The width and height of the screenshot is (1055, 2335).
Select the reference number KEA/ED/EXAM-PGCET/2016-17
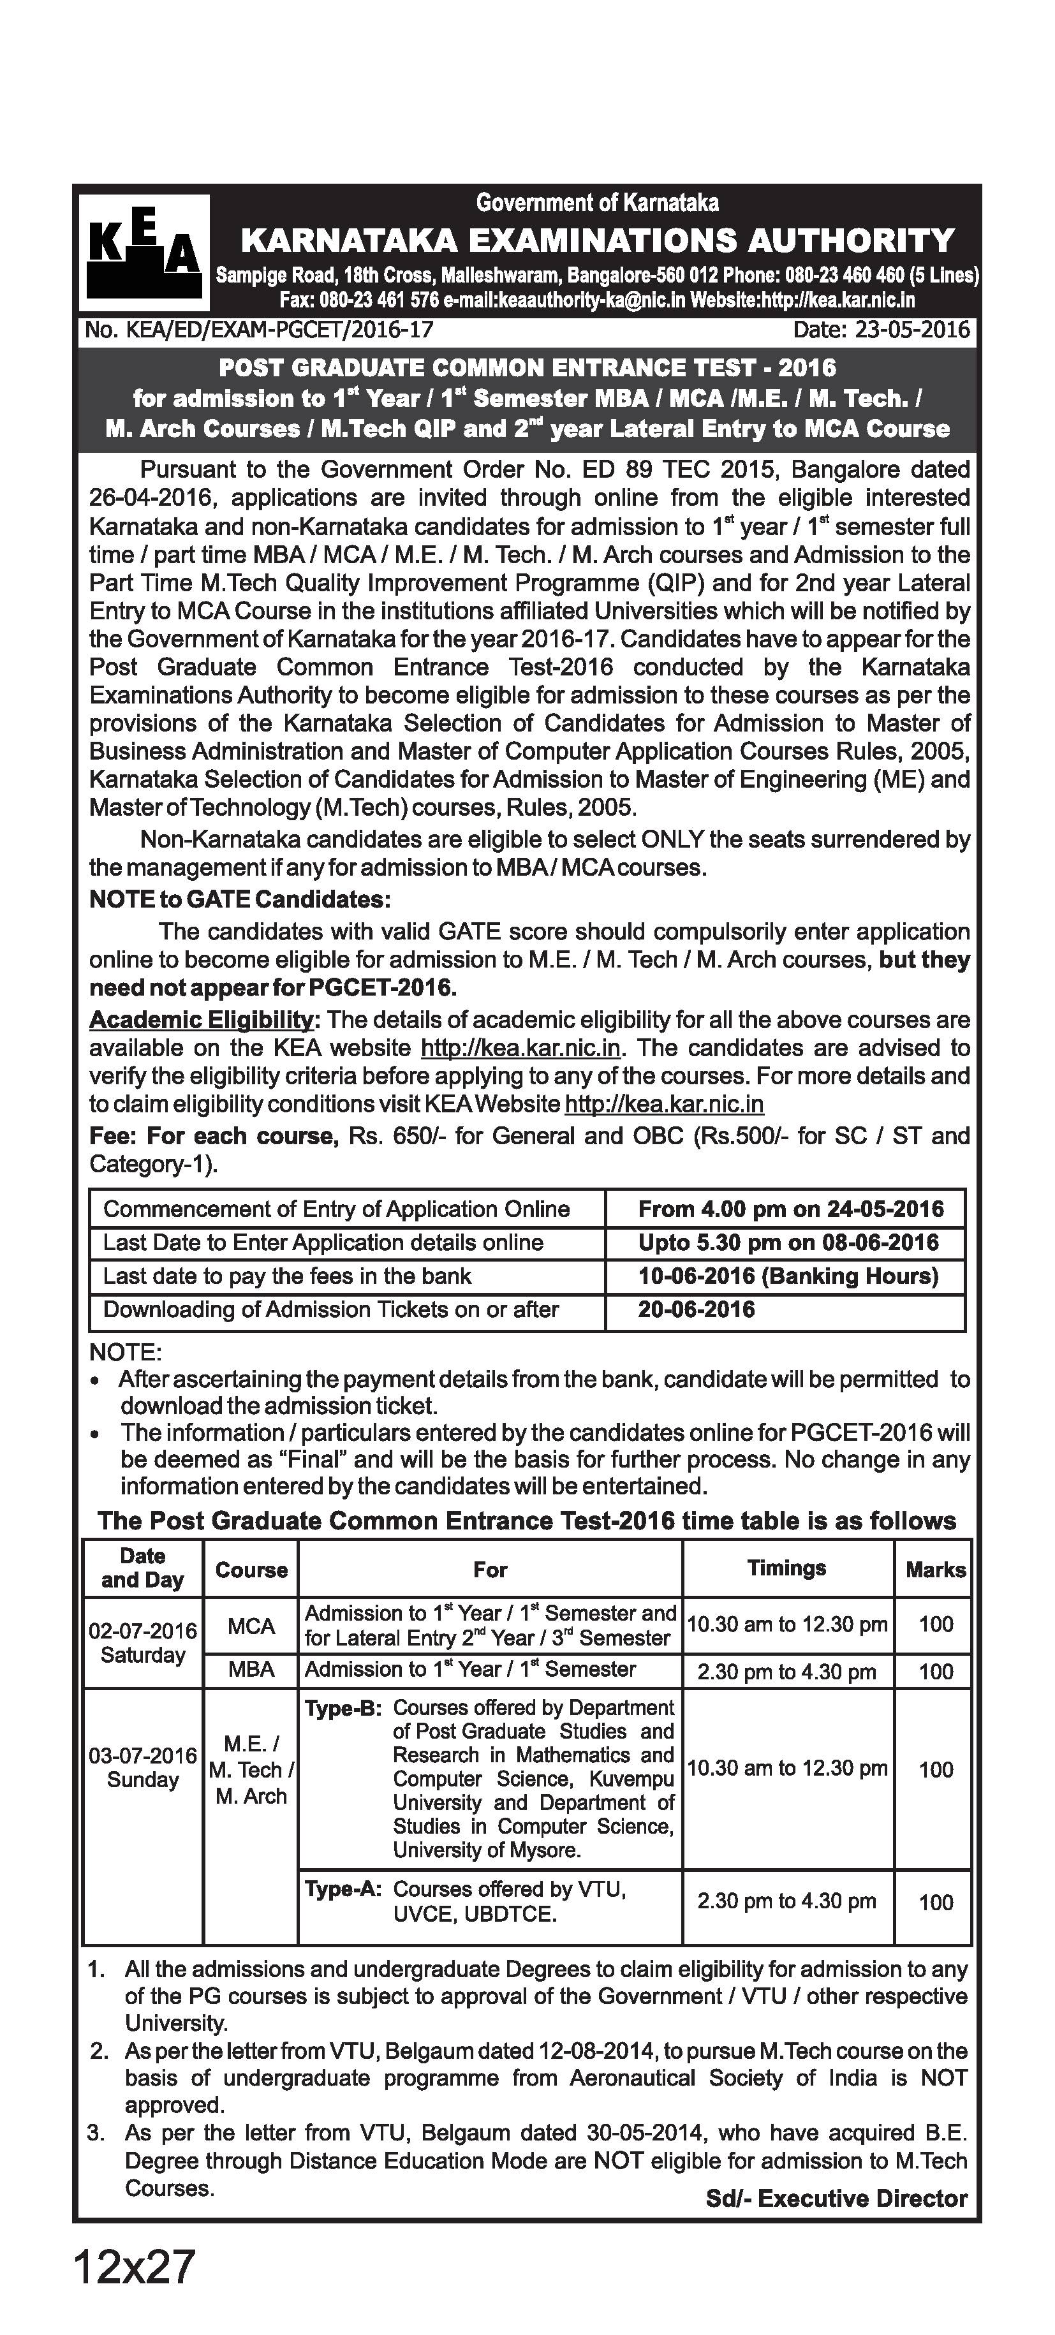(258, 329)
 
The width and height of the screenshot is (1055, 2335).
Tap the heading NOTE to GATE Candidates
(240, 899)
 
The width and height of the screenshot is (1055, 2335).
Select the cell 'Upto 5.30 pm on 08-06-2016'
(788, 1242)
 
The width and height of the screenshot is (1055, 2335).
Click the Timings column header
(786, 1568)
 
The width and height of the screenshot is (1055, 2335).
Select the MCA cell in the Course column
(251, 1626)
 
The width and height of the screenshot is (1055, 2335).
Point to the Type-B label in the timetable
(343, 1709)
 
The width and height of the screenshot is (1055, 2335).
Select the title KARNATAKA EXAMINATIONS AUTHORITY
(597, 240)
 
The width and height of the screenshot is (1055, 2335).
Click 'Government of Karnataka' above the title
(597, 202)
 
